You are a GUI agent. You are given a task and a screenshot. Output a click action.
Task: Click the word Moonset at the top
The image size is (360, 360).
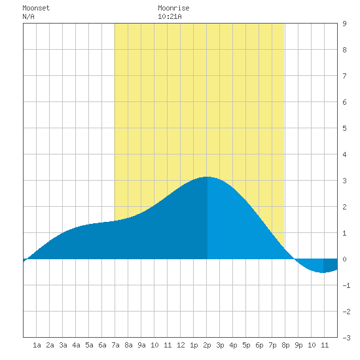coord(36,9)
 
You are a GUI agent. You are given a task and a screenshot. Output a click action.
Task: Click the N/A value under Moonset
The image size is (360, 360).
coord(28,17)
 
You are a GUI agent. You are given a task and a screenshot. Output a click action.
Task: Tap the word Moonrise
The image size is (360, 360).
coord(173,9)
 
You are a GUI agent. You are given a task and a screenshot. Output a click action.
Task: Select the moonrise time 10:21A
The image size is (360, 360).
coord(170,17)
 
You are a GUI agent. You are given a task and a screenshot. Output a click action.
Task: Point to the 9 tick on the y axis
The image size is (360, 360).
coord(344,24)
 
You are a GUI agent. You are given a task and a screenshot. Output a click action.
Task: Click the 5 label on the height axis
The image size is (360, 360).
coord(344,128)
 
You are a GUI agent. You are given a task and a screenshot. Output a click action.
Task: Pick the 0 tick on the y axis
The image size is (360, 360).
coord(344,259)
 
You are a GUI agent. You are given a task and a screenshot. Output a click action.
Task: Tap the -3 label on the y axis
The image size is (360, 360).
coord(346,338)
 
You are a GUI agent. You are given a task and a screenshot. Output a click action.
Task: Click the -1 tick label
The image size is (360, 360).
coord(346,285)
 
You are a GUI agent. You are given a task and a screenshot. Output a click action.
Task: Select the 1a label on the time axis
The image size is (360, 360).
coord(37,345)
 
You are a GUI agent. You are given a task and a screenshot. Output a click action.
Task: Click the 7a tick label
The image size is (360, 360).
coord(115,345)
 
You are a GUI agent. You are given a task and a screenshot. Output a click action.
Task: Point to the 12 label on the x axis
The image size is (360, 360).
coord(181,345)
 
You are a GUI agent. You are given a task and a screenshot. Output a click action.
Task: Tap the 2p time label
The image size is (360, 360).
coord(207,346)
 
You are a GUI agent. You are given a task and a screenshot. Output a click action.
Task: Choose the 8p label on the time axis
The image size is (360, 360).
coord(285,346)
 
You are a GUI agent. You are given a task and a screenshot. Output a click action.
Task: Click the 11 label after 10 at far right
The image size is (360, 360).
coord(325,345)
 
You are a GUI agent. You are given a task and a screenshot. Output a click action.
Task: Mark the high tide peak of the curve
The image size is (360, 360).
coord(207,177)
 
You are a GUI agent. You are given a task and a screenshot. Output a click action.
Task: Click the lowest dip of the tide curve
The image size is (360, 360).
coord(323,272)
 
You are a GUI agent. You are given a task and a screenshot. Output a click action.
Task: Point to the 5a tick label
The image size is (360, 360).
coord(89,345)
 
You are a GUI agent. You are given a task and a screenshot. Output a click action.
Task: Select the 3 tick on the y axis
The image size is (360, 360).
coord(344,181)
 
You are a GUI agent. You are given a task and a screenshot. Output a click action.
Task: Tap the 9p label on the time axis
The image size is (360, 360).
coord(298,346)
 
